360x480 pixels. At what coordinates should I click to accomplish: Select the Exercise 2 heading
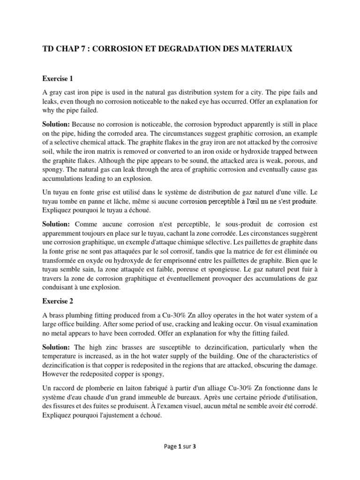[x=59, y=300]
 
